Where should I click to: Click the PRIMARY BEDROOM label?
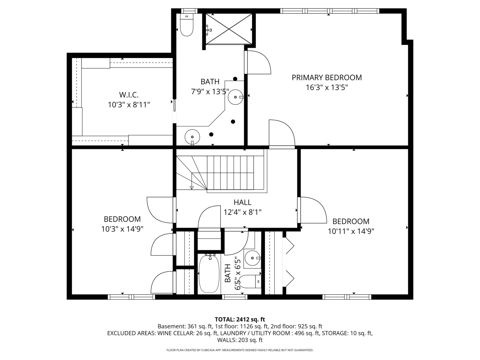[x=326, y=78]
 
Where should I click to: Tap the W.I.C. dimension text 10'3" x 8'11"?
[x=129, y=105]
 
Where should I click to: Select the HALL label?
[x=242, y=202]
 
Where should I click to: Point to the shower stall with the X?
[x=229, y=29]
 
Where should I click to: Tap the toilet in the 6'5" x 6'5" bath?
[x=249, y=282]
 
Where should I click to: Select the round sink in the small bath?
[x=252, y=258]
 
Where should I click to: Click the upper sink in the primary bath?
[x=236, y=97]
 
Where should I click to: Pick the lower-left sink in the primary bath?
[x=192, y=137]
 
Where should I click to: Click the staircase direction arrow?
[x=192, y=187]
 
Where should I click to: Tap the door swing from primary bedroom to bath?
[x=258, y=63]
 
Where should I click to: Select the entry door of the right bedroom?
[x=313, y=210]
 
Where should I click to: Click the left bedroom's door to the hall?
[x=161, y=210]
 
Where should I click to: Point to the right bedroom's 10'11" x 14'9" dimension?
[x=351, y=231]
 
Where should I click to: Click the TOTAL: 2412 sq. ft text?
[x=240, y=320]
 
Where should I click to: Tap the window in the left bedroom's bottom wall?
[x=131, y=297]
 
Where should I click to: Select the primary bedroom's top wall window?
[x=329, y=11]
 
